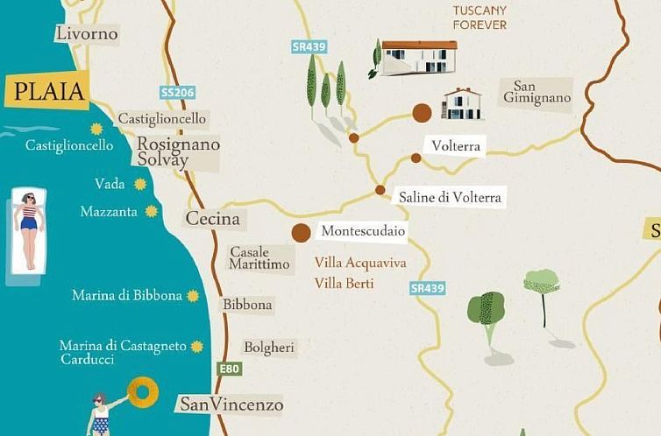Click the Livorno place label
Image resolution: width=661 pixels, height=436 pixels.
(86, 34)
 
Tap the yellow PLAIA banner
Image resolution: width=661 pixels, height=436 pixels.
(47, 91)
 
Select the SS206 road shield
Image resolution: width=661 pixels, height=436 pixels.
(177, 92)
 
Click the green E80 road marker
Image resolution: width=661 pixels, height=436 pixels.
(230, 369)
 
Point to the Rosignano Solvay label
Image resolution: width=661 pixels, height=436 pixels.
(178, 152)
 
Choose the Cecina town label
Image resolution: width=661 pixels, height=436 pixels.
(212, 219)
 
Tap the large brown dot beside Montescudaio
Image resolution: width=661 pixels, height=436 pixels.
(301, 232)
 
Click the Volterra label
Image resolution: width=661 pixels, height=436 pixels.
(456, 146)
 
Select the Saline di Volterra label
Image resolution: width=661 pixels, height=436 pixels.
(450, 198)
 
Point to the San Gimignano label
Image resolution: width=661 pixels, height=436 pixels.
(537, 93)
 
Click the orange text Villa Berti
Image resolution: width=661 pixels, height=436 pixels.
(344, 283)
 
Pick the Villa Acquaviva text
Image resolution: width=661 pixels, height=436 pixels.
(360, 263)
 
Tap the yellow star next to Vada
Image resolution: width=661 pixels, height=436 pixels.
(140, 184)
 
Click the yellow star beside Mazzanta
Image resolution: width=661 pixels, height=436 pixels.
(152, 211)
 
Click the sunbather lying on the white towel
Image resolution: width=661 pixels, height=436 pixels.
(28, 231)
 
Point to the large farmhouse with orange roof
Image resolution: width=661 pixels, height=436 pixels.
(417, 58)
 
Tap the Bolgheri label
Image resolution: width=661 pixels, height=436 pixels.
(269, 348)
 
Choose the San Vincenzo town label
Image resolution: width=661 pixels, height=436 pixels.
(231, 404)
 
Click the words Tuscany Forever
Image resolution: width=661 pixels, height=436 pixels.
(480, 18)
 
